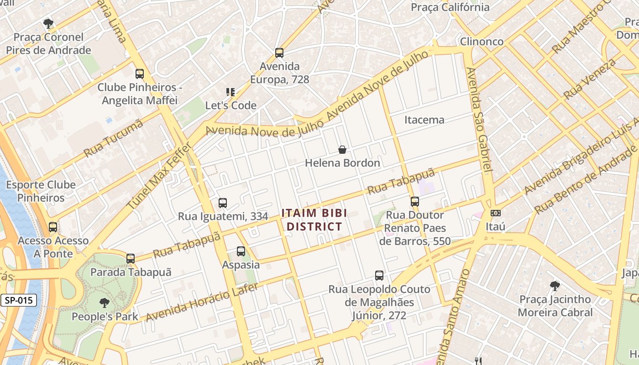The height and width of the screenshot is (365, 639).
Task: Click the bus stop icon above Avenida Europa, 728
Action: point(279,53)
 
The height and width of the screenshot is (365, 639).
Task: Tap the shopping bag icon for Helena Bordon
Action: point(342,150)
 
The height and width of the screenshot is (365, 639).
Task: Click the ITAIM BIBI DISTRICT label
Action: point(314,219)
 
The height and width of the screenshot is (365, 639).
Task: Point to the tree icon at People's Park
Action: point(105,302)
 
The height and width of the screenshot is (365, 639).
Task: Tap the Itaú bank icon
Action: point(495,213)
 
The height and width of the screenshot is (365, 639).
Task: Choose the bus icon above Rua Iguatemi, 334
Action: point(223,203)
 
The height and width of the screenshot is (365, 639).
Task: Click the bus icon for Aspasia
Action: point(241,251)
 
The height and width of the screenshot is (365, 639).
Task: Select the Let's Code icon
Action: point(231,92)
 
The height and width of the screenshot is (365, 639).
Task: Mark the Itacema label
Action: point(424,120)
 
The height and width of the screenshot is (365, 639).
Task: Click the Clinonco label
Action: point(482,42)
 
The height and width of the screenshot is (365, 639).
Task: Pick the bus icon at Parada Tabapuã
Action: point(131,259)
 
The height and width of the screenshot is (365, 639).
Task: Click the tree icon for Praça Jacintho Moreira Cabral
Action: point(555,286)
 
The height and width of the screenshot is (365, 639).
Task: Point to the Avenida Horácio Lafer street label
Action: point(202,302)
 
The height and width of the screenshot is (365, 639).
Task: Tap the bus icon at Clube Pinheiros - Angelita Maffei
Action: point(140,74)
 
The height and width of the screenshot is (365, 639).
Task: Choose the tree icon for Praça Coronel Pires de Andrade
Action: point(48,24)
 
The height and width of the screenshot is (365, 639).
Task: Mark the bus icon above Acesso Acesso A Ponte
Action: point(53,227)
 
